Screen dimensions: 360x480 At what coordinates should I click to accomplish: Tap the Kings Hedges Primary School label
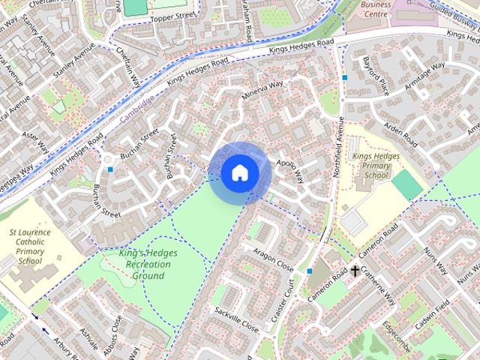tap(370, 165)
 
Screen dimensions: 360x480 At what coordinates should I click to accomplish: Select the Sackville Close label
tap(235, 319)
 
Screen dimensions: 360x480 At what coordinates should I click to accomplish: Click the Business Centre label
tap(376, 8)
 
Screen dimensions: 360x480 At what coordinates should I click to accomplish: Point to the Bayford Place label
tap(376, 76)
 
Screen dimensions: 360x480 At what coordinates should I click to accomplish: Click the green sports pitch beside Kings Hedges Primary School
tap(406, 184)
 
